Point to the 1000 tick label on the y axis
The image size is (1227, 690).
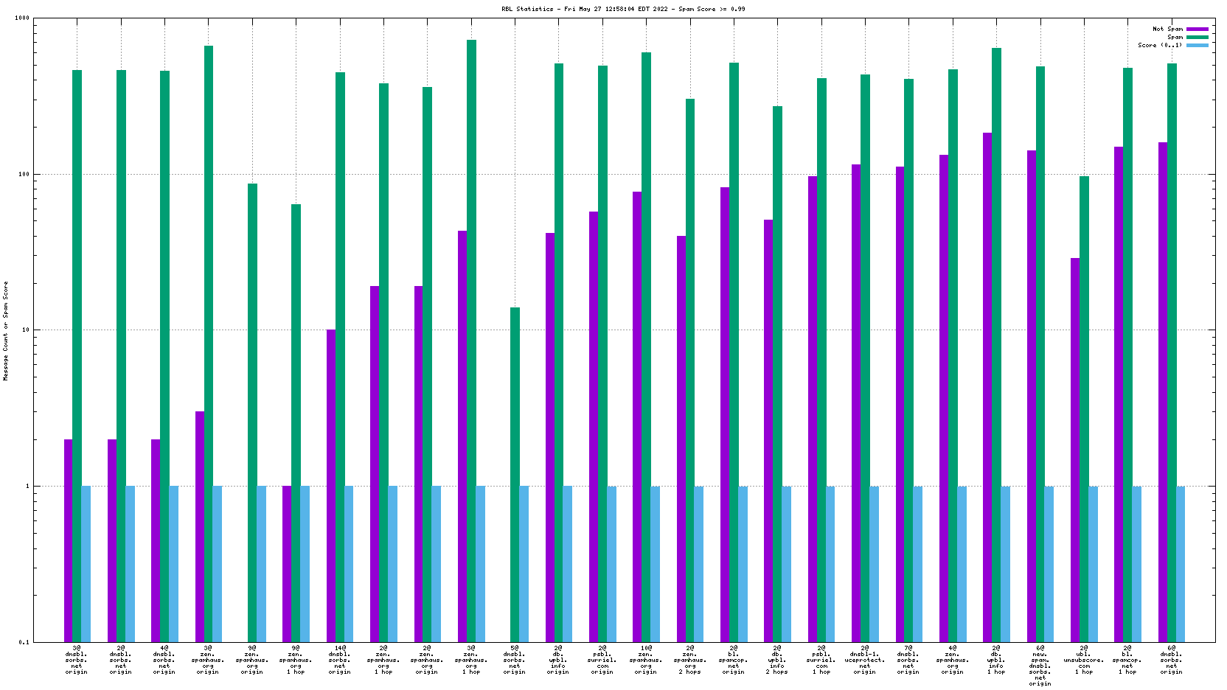point(21,18)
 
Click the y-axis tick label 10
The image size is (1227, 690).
point(24,330)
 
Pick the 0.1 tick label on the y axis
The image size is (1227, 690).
point(24,642)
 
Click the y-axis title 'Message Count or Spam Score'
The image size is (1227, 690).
point(6,330)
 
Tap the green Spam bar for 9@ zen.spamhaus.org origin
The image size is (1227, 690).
point(252,412)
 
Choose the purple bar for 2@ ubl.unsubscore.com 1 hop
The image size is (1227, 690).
point(1075,450)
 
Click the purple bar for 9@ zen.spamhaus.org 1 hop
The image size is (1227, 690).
point(287,563)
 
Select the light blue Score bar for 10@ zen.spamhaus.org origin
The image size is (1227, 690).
point(655,563)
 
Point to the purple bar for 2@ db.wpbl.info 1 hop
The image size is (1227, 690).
point(987,387)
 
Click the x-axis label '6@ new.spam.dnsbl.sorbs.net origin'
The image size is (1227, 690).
point(1040,666)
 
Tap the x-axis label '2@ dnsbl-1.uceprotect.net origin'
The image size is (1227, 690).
point(865,660)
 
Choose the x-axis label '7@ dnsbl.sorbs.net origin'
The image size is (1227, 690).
point(908,660)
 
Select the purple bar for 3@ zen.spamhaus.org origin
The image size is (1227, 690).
point(200,526)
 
